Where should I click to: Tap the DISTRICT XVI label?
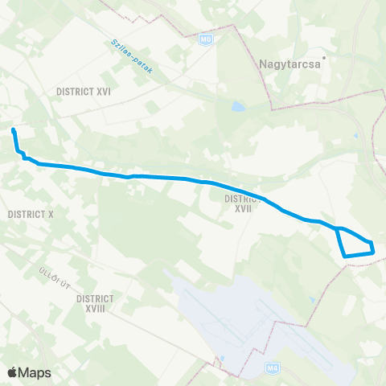(84, 92)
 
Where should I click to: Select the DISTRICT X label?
(29, 215)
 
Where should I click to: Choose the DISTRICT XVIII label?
(95, 302)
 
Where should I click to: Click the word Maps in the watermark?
(35, 372)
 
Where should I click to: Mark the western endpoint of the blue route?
(14, 129)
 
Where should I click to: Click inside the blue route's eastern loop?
(354, 244)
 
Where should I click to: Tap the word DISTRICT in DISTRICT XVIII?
(95, 298)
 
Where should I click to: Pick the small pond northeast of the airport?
(312, 301)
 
